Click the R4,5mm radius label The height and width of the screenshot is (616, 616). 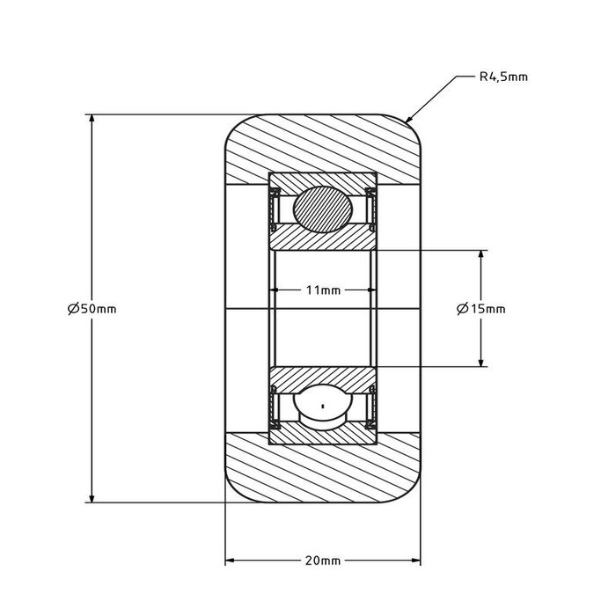503,77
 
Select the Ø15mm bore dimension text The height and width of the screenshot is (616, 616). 481,308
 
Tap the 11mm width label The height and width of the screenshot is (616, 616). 323,290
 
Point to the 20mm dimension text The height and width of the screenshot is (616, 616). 323,561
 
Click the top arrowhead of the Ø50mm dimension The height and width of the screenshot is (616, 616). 92,119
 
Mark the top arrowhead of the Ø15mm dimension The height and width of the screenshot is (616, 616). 480,255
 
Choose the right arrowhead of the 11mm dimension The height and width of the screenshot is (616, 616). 371,290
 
